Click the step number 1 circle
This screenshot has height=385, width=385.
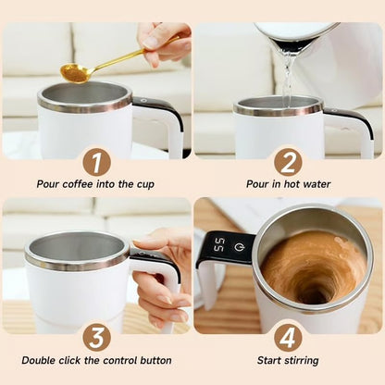pos(96,162)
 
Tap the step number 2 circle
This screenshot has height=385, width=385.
pos(288,162)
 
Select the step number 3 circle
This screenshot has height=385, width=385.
pos(96,336)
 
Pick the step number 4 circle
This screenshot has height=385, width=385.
pos(288,336)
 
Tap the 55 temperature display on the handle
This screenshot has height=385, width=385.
pos(218,246)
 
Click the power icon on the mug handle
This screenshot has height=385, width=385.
pos(238,247)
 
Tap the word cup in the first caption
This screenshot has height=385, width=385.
pos(145,184)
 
